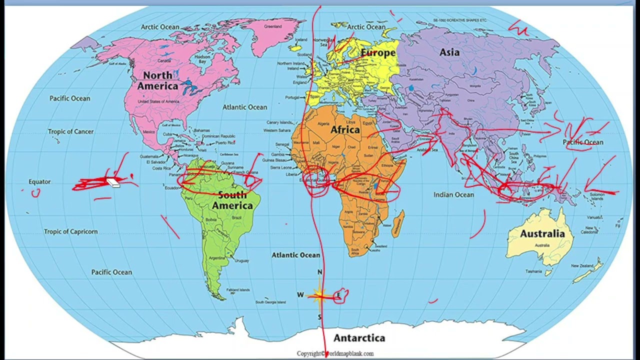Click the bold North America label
[x=157, y=80]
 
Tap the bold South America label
[x=232, y=200]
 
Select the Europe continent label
[x=378, y=52]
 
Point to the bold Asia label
[x=449, y=52]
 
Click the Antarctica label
[x=359, y=338]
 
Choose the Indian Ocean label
[x=453, y=194]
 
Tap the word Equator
[x=39, y=181]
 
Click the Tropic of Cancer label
[x=70, y=131]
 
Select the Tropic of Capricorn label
[x=70, y=231]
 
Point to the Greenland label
[x=273, y=26]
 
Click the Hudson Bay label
[x=202, y=59]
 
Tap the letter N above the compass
[x=320, y=272]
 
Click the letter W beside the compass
[x=300, y=295]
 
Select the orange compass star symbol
[x=319, y=295]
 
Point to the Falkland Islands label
[x=238, y=290]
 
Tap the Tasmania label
[x=533, y=271]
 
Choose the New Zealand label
[x=582, y=266]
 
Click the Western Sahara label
[x=276, y=130]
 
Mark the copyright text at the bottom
[x=335, y=353]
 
